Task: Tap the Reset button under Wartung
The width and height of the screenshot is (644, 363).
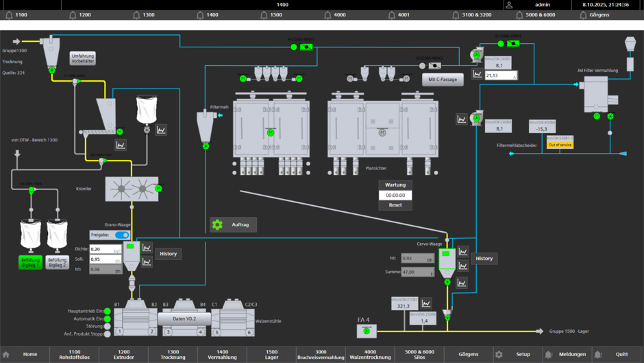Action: point(395,205)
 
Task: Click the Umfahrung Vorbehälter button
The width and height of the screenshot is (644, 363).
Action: point(83,58)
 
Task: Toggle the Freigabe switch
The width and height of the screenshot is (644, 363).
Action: point(122,235)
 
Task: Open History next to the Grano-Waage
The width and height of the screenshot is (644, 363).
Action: point(169,254)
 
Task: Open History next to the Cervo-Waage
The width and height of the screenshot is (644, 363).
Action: point(484,259)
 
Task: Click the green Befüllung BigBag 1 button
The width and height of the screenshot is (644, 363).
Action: point(31,262)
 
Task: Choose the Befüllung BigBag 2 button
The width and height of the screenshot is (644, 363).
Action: point(58,262)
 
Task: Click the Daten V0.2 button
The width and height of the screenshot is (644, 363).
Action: point(184,319)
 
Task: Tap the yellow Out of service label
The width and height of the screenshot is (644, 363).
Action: point(560,145)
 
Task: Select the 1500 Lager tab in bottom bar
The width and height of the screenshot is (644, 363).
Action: point(271,354)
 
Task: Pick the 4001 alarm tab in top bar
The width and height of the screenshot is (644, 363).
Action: point(399,14)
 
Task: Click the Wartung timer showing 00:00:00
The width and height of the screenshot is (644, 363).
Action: point(395,195)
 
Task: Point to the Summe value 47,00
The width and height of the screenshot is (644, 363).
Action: point(417,272)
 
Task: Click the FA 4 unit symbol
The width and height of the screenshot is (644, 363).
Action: point(367,331)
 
